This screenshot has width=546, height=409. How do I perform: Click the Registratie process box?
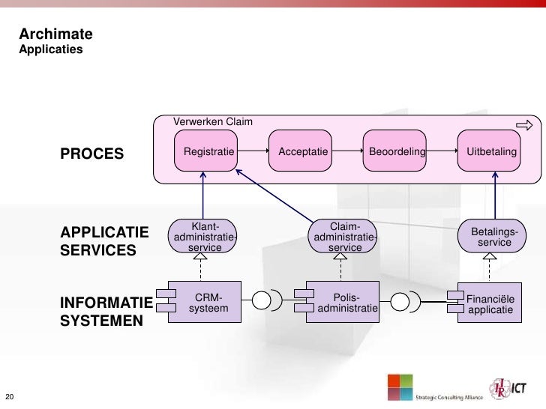205,152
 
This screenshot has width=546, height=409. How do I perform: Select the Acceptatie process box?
303,152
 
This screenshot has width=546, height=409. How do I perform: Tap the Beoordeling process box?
397,152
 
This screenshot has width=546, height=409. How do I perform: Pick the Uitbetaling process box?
492,152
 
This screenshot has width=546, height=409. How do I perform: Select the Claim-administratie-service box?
345,237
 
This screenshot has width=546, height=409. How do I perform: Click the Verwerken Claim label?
213,121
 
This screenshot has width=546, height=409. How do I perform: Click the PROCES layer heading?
91,154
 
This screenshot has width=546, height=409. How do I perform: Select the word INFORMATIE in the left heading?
106,303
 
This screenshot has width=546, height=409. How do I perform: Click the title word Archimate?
55,34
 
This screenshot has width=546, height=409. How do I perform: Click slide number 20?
10,396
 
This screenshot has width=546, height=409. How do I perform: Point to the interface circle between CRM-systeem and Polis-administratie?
261,301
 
